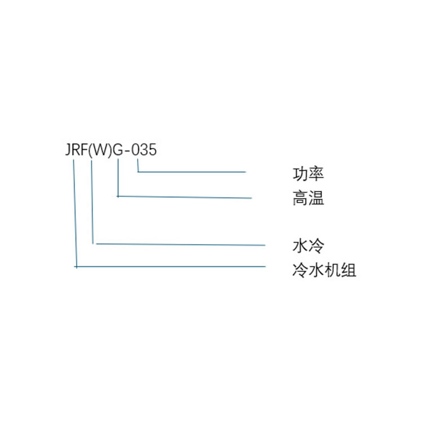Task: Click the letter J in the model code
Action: pyautogui.click(x=68, y=151)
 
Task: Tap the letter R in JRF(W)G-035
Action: pyautogui.click(x=76, y=151)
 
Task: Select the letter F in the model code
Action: pyautogui.click(x=85, y=151)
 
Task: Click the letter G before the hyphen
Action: pyautogui.click(x=118, y=151)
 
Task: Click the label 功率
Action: pyautogui.click(x=308, y=174)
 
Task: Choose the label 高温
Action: pyautogui.click(x=308, y=199)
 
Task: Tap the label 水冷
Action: pyautogui.click(x=308, y=246)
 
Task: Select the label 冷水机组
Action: pyautogui.click(x=324, y=270)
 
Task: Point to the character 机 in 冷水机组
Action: pyautogui.click(x=332, y=270)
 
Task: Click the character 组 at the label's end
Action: pyautogui.click(x=349, y=270)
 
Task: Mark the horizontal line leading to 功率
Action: pyautogui.click(x=192, y=171)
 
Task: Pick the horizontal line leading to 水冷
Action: pyautogui.click(x=180, y=245)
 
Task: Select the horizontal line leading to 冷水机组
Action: pyautogui.click(x=169, y=266)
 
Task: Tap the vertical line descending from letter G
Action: pyautogui.click(x=117, y=178)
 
